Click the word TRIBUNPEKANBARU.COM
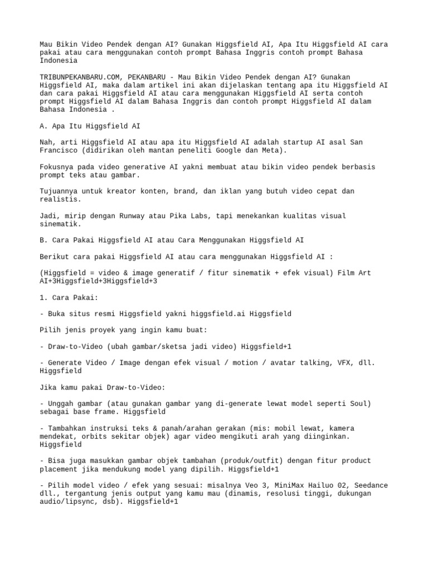(80, 77)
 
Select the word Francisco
(61, 150)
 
